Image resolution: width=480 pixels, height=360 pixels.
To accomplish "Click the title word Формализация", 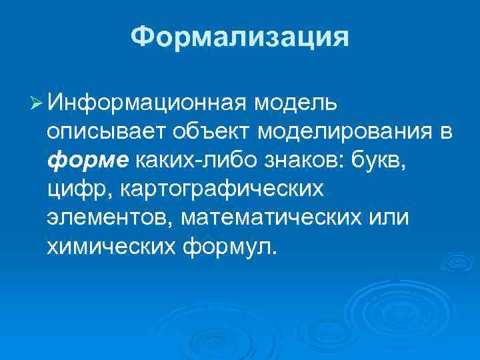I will (x=239, y=37).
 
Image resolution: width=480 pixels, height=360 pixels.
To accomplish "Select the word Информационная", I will (x=147, y=103).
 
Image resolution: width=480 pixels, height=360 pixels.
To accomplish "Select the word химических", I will (x=109, y=247).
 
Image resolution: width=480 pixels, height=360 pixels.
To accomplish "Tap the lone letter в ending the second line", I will (x=446, y=132).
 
